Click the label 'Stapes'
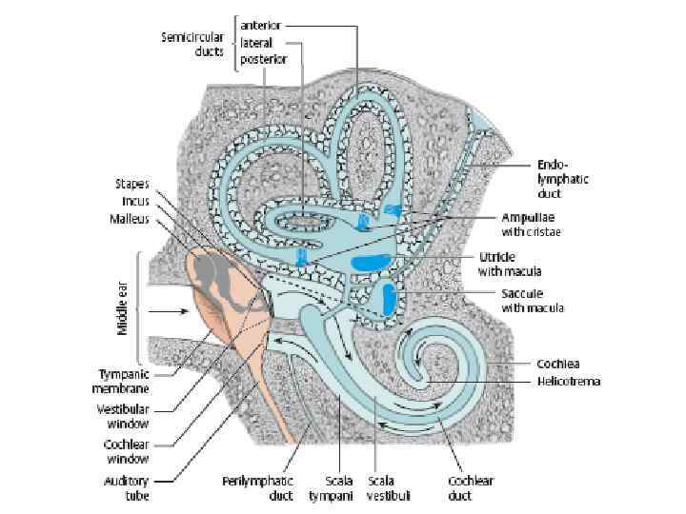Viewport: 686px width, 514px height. click(x=132, y=184)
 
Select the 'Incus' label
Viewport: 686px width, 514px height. click(x=132, y=201)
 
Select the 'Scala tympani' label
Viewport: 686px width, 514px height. click(x=329, y=487)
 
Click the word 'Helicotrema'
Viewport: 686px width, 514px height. click(x=569, y=381)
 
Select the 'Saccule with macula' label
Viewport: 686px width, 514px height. click(x=533, y=301)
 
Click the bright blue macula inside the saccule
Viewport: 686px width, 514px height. click(x=389, y=298)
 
